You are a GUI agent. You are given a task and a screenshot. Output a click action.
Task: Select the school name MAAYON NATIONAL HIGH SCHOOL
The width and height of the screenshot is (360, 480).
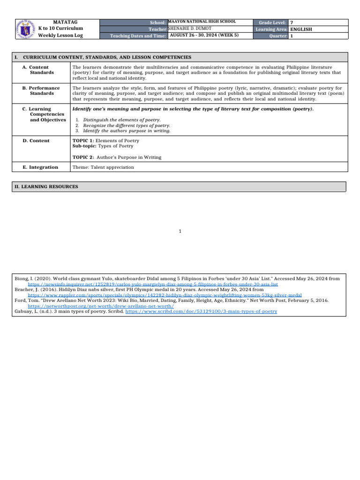point(202,22)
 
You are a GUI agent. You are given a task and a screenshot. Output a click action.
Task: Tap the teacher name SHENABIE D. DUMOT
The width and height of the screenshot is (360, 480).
point(192,29)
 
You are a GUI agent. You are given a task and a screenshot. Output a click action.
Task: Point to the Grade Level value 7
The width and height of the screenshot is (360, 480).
point(292,22)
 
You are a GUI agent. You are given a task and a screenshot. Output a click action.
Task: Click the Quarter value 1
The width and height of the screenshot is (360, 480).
point(292,36)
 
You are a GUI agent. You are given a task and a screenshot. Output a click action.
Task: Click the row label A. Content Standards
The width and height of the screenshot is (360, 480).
point(42,70)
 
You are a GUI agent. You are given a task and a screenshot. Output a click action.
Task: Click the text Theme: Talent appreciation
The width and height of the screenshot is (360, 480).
point(103,167)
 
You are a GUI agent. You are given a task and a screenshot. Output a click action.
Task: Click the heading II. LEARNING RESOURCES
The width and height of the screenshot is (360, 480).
point(46,187)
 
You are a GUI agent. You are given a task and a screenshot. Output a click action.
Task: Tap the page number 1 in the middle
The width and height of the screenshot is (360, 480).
point(180,231)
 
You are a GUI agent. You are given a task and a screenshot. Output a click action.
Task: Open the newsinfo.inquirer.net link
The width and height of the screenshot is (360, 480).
point(153,284)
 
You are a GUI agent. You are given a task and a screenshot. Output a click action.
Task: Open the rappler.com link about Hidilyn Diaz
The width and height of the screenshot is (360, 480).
point(165,295)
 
